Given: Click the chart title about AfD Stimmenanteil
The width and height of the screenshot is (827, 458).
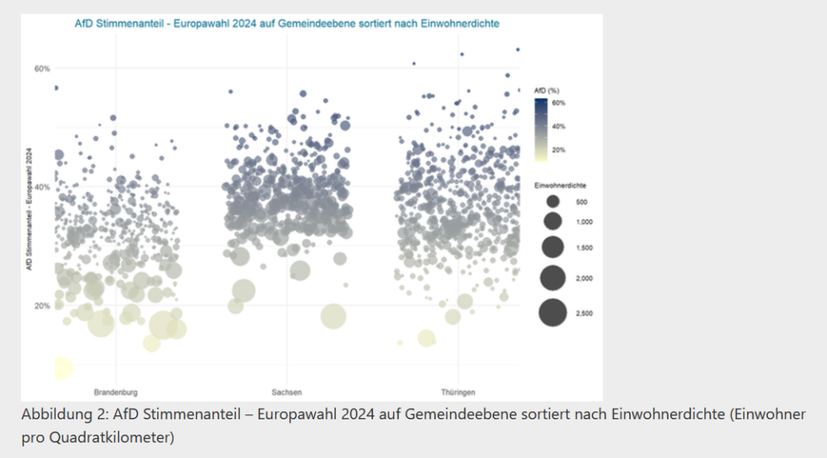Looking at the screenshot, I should [288, 24].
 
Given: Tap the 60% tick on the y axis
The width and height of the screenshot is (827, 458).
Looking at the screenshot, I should [42, 69].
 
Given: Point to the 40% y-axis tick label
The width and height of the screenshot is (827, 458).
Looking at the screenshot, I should [42, 187].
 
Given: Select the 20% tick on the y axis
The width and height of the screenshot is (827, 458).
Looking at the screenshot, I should [42, 306].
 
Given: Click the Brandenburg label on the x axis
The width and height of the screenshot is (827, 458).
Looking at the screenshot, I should [116, 392].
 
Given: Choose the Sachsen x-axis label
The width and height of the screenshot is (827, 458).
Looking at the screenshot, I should [288, 392].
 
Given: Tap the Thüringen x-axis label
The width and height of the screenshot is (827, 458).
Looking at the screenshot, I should [458, 392].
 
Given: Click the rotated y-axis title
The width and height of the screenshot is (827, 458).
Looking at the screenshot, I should [29, 209].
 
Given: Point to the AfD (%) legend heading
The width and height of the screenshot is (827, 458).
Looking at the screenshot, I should [547, 91].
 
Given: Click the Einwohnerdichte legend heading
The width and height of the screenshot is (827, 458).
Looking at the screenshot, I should [559, 185].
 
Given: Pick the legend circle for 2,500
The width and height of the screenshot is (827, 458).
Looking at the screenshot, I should [553, 312].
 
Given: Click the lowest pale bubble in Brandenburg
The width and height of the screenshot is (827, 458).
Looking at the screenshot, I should [62, 368].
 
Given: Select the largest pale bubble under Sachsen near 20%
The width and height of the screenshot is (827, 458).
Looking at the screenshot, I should [332, 316].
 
